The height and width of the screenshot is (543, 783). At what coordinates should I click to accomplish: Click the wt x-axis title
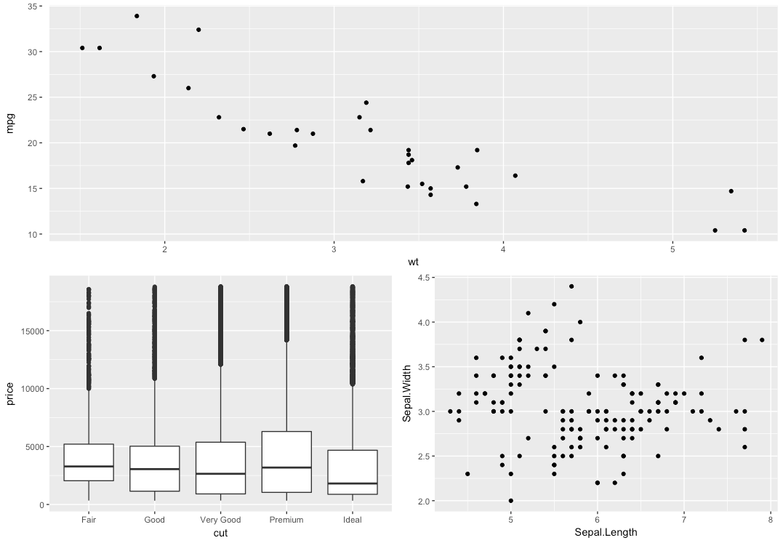point(413,262)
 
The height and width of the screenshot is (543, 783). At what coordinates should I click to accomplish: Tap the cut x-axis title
point(220,533)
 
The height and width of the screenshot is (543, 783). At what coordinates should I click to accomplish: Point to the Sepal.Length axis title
point(605,532)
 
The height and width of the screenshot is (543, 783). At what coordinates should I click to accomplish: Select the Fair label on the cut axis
point(89,520)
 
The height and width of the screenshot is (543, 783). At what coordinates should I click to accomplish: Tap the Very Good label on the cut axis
point(220,520)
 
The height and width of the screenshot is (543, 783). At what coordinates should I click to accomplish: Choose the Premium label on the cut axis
point(286,520)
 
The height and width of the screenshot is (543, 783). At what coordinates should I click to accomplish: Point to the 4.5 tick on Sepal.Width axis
point(422,278)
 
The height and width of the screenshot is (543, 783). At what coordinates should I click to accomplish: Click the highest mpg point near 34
point(137,16)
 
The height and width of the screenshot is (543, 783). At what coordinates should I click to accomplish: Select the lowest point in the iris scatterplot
point(511,500)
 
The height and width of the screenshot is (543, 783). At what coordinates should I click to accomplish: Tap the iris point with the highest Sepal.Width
point(571,286)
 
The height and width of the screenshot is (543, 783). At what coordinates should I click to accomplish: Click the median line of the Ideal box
point(353,483)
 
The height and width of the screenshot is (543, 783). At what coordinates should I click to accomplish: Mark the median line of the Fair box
point(89,466)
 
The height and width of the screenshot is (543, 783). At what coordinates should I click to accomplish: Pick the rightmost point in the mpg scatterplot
point(744,230)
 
